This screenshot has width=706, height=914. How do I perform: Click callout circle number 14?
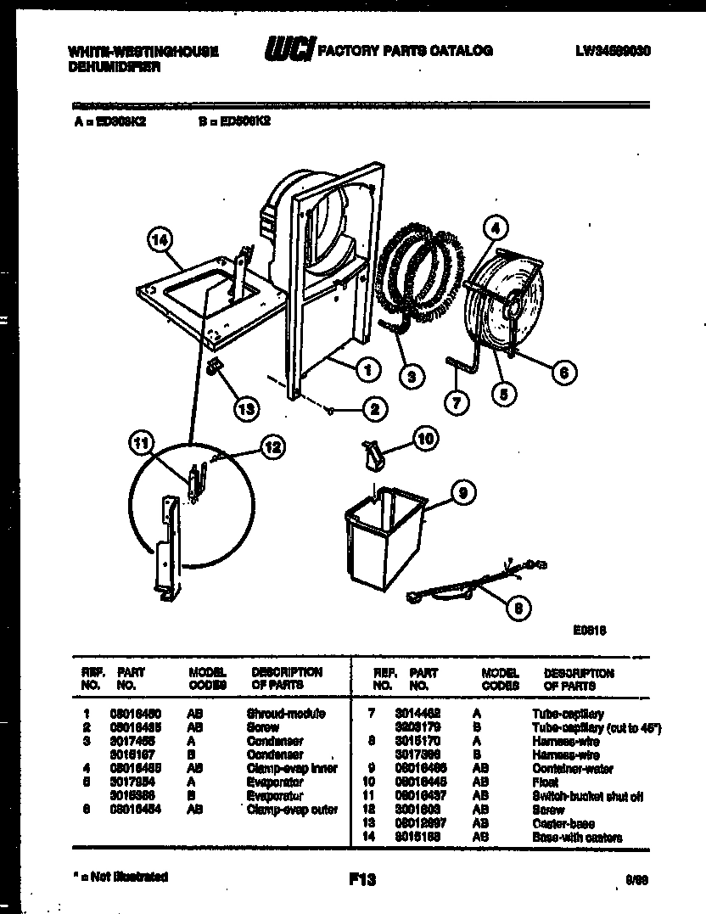tap(158, 240)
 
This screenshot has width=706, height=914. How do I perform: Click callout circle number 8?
tap(515, 606)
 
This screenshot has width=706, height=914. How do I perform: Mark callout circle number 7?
tap(457, 403)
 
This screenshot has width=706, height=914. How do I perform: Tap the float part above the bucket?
tap(373, 455)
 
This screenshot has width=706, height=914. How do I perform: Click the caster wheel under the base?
tap(213, 368)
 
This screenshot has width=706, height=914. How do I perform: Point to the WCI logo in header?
tap(289, 51)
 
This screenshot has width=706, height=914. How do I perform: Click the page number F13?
tap(361, 880)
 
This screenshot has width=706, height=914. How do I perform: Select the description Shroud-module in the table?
tap(285, 714)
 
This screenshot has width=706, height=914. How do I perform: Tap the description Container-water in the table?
tap(573, 769)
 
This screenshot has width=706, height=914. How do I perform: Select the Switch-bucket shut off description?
tap(587, 797)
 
